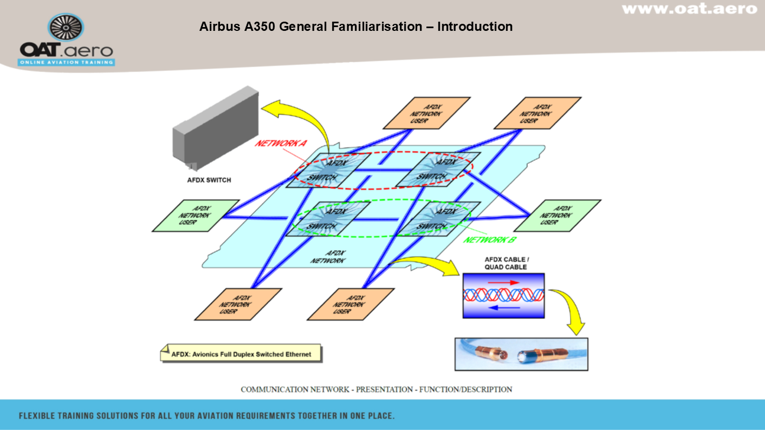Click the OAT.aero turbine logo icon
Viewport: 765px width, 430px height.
pos(66,29)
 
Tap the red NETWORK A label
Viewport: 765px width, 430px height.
pos(281,144)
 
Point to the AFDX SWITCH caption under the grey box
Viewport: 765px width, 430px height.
pos(205,180)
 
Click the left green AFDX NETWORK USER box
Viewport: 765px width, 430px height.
pos(196,216)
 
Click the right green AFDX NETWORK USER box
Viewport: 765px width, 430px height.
pos(557,216)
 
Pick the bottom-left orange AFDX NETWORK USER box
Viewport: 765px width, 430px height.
pos(238,304)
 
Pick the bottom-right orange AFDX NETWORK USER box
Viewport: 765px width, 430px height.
pos(351,304)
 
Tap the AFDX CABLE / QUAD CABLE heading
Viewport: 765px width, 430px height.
pos(506,263)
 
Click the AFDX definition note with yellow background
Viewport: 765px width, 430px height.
pos(242,354)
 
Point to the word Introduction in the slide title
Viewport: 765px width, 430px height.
pos(475,27)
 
